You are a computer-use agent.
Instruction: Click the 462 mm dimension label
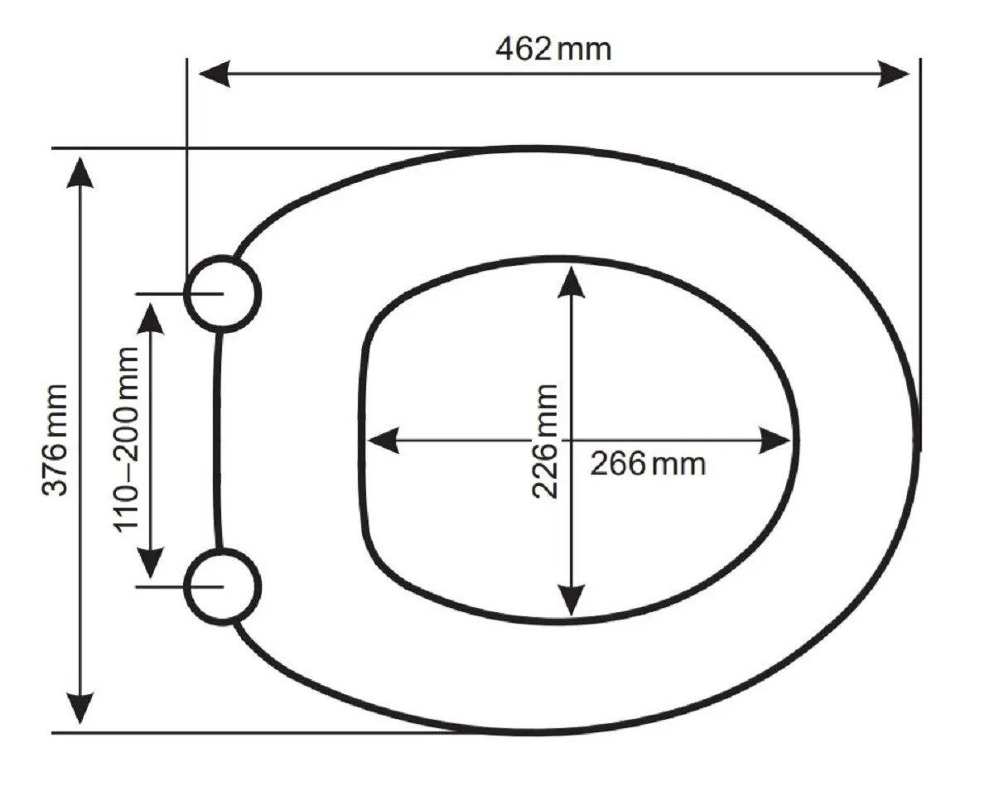[x=553, y=50]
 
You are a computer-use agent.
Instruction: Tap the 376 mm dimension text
[x=55, y=440]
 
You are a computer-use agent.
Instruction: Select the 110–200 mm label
[x=125, y=440]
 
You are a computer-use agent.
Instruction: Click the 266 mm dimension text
[x=648, y=464]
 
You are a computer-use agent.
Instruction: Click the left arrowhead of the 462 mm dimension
[x=215, y=74]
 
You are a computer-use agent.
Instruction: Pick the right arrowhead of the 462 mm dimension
[x=894, y=74]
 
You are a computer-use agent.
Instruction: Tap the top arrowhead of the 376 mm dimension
[x=80, y=173]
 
